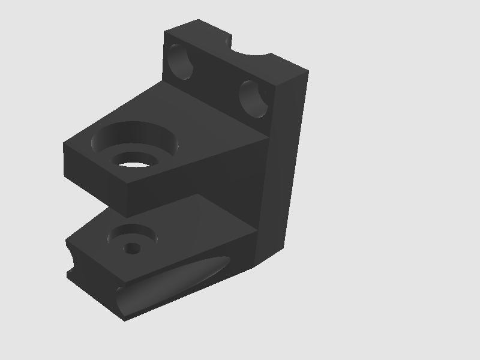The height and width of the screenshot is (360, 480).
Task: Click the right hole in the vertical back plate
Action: (256, 98)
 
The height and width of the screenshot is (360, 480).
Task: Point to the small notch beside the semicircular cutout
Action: (228, 41)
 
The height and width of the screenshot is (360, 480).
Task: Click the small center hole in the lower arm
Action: (131, 248)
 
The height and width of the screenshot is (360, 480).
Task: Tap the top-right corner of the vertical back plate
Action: (308, 71)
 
